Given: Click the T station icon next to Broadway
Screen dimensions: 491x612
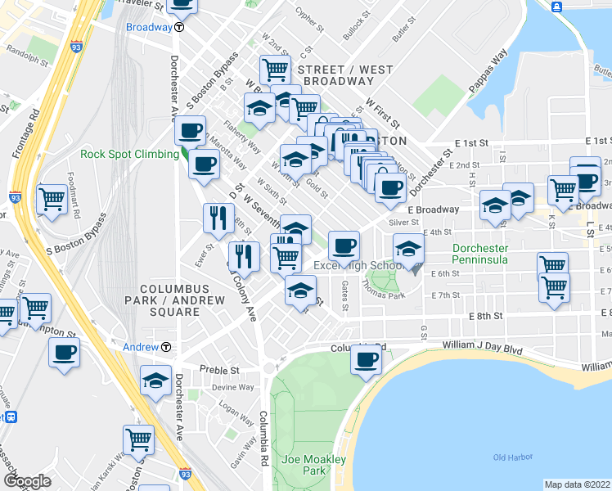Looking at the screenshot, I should click(x=179, y=26).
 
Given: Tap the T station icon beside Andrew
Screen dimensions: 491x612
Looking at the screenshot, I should click(x=166, y=347).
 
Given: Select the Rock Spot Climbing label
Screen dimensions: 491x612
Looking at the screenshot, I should click(x=129, y=154).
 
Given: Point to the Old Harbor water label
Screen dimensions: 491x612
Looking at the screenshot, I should click(x=513, y=457).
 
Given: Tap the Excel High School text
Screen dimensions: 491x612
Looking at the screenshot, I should click(x=358, y=266).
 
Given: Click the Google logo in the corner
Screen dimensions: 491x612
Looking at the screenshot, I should click(x=27, y=480).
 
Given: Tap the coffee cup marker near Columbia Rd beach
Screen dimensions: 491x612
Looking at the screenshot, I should click(x=366, y=359).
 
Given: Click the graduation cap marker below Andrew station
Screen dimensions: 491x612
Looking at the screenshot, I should click(x=155, y=381).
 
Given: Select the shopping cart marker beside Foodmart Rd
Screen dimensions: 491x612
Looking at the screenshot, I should click(x=52, y=199).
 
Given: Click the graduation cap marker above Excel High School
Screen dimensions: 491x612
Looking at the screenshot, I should click(x=408, y=247).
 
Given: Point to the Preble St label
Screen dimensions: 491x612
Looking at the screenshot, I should click(x=222, y=369).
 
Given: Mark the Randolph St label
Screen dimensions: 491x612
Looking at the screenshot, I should click(x=29, y=48).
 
